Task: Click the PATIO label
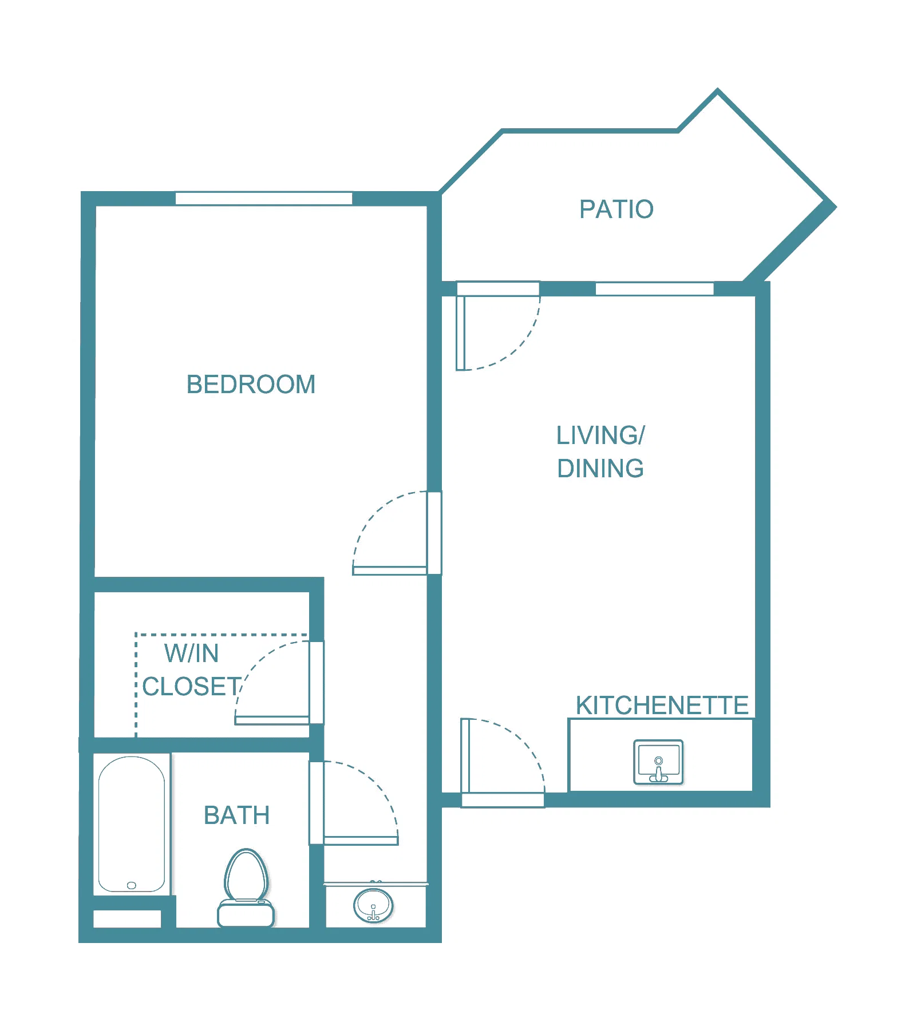616,209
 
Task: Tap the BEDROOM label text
251,385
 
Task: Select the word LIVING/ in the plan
600,435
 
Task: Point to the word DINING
600,469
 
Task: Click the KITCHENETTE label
662,706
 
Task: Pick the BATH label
236,815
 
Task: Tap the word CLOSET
192,687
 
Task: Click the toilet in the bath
246,888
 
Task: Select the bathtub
132,824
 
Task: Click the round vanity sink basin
373,906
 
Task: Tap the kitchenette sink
658,762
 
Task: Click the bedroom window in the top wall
263,199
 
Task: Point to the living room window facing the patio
654,289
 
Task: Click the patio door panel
460,333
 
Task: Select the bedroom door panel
390,571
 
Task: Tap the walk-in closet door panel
272,720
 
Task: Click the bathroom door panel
361,841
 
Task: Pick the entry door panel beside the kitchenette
465,755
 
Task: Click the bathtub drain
132,885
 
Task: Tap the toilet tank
246,913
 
